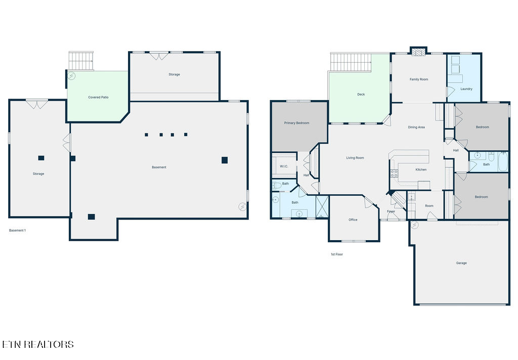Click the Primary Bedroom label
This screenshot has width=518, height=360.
(296, 123)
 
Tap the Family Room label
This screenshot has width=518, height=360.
(418, 79)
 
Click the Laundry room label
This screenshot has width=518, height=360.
(466, 89)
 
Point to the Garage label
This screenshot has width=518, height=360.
(461, 263)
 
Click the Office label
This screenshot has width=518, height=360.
(353, 219)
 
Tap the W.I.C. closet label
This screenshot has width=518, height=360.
(284, 166)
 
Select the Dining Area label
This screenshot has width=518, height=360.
(416, 127)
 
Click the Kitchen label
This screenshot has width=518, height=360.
(421, 169)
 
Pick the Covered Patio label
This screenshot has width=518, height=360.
(98, 98)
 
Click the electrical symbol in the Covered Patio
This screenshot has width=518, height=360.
(71, 76)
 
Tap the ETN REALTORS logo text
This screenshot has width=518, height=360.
(37, 344)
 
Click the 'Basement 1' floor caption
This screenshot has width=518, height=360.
(17, 231)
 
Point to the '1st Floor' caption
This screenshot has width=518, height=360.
(336, 254)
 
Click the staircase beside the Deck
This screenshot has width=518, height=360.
(351, 62)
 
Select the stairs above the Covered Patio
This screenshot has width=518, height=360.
(81, 61)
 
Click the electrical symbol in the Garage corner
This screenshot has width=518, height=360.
(414, 225)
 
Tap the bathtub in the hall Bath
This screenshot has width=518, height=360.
(503, 161)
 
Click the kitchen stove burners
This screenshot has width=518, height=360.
(394, 173)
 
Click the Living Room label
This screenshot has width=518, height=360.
(355, 158)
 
